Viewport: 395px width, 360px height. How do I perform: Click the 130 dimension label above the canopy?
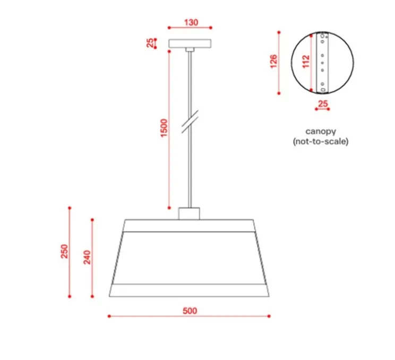pos(191,22)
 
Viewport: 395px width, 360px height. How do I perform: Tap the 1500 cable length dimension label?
pos(164,128)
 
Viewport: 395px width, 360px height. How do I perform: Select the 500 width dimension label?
pos(190,311)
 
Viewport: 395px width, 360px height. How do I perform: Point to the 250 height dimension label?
pos(64,251)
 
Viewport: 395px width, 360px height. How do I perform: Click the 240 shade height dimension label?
pos(87,257)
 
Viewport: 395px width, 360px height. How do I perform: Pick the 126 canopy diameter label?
pos(273,61)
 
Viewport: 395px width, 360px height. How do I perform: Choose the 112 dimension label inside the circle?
pos(306,62)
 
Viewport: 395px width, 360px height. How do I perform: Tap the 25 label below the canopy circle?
pos(323,104)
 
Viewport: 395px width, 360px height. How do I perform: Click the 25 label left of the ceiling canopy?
pos(150,43)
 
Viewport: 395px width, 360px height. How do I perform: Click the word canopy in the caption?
pos(321,132)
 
